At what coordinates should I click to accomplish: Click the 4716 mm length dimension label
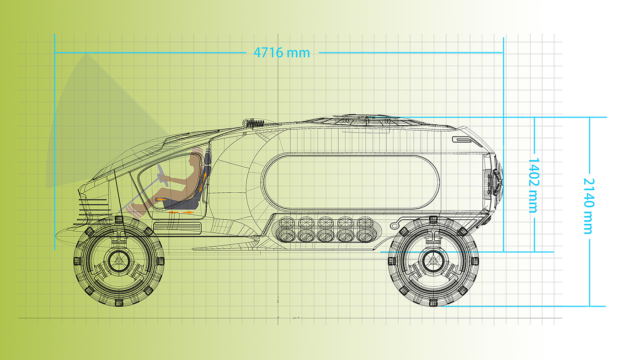coord(282,53)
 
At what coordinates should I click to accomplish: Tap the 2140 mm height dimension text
coord(589,206)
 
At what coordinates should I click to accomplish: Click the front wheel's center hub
coord(119,260)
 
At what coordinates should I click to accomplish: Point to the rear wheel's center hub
coord(433,260)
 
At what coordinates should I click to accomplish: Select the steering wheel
coord(162,175)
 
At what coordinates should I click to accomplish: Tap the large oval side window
coord(351,182)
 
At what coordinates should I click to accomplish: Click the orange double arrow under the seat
coord(181,212)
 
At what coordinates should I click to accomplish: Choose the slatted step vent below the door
coord(177,228)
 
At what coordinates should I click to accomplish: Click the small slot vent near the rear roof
coord(463,140)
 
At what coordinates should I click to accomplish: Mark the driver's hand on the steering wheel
coord(167,179)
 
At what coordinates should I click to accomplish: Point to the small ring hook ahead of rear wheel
coord(394,226)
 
